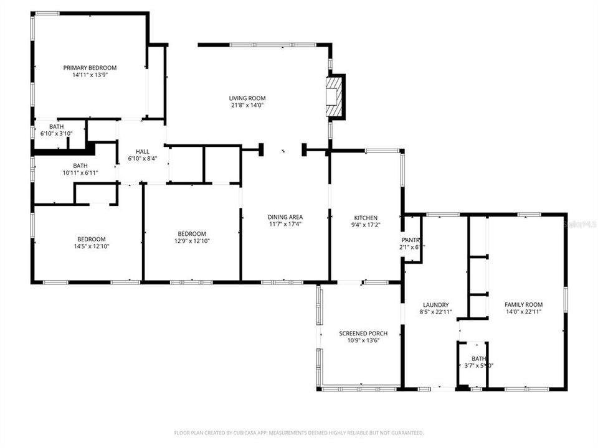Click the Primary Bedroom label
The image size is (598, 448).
90,68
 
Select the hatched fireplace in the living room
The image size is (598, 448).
335,96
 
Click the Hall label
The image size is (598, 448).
143,151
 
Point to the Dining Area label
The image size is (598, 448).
285,217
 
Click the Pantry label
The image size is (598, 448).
411,240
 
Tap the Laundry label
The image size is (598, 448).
435,305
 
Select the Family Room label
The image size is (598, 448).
523,304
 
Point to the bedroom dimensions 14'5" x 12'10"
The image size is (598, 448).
91,246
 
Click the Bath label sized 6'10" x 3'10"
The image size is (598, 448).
57,126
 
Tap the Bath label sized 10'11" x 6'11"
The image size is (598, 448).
80,166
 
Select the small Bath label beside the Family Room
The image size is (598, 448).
478,358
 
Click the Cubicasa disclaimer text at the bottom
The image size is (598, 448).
299,432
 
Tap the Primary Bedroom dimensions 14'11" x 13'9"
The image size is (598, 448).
90,75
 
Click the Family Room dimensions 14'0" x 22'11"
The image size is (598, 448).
523,312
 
